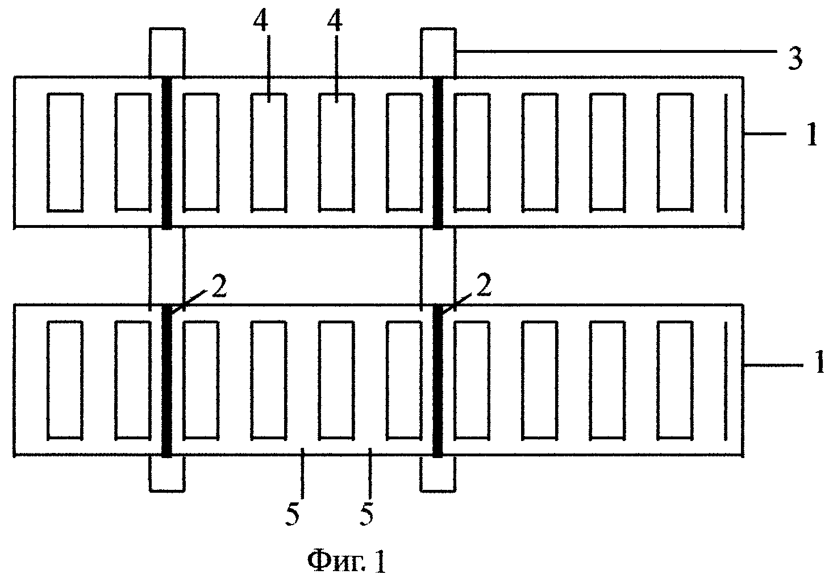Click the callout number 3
coord(795,59)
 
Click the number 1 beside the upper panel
coord(812,134)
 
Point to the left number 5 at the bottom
coord(293,515)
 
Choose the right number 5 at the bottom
coord(366,515)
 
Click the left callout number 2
coord(219,286)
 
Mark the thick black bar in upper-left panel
coord(167,153)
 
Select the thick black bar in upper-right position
coord(438,153)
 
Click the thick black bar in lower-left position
coord(167,381)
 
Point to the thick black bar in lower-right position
coord(438,381)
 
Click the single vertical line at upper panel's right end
coord(726,153)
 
